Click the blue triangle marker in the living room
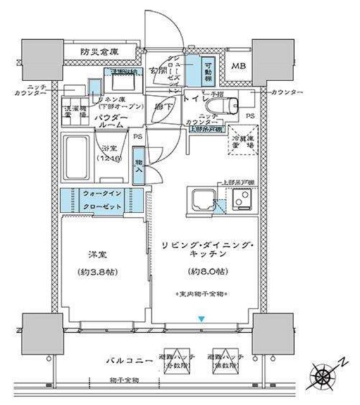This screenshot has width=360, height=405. click(201, 319)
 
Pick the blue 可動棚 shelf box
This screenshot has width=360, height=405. click(208, 71)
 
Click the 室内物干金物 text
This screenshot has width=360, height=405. click(202, 294)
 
